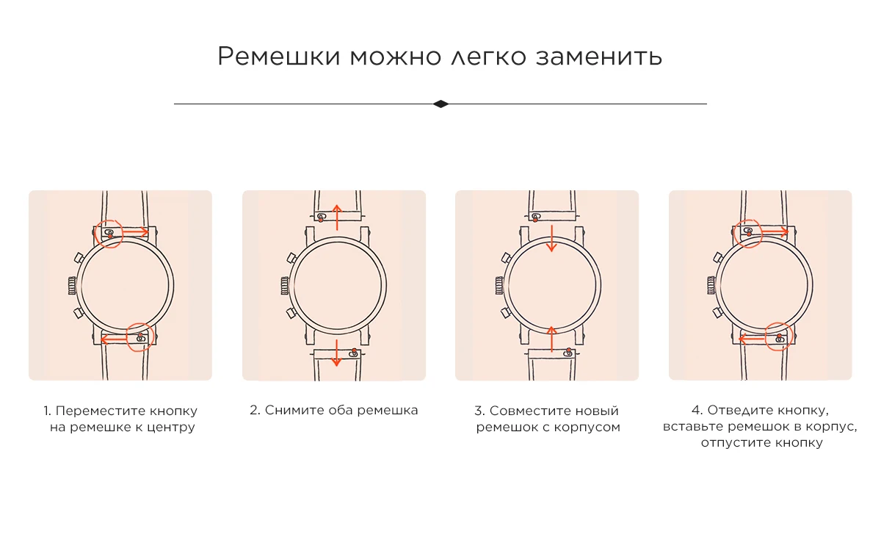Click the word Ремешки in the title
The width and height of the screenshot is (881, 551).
coord(279,57)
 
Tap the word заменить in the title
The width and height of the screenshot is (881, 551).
coord(599,57)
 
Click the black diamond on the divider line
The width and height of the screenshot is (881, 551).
coord(440,104)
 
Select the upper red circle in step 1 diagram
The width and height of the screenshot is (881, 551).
coord(109,234)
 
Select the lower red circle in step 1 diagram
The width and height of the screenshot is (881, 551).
coord(139,337)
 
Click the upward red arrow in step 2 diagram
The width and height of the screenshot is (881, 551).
coord(337,217)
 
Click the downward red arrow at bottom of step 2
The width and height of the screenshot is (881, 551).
coord(336,353)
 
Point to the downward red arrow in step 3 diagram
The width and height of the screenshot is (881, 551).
coord(552,238)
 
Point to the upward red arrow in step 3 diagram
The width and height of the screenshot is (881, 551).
coord(552,339)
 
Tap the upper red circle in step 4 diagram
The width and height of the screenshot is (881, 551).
coord(748,234)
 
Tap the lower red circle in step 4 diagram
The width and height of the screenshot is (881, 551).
coord(779,336)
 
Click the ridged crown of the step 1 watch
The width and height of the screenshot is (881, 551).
coord(72,286)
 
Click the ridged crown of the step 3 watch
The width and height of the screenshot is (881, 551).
coord(498,286)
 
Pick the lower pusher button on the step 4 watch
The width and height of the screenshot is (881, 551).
coord(718,313)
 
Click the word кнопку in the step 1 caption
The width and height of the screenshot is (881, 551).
coord(173,411)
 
